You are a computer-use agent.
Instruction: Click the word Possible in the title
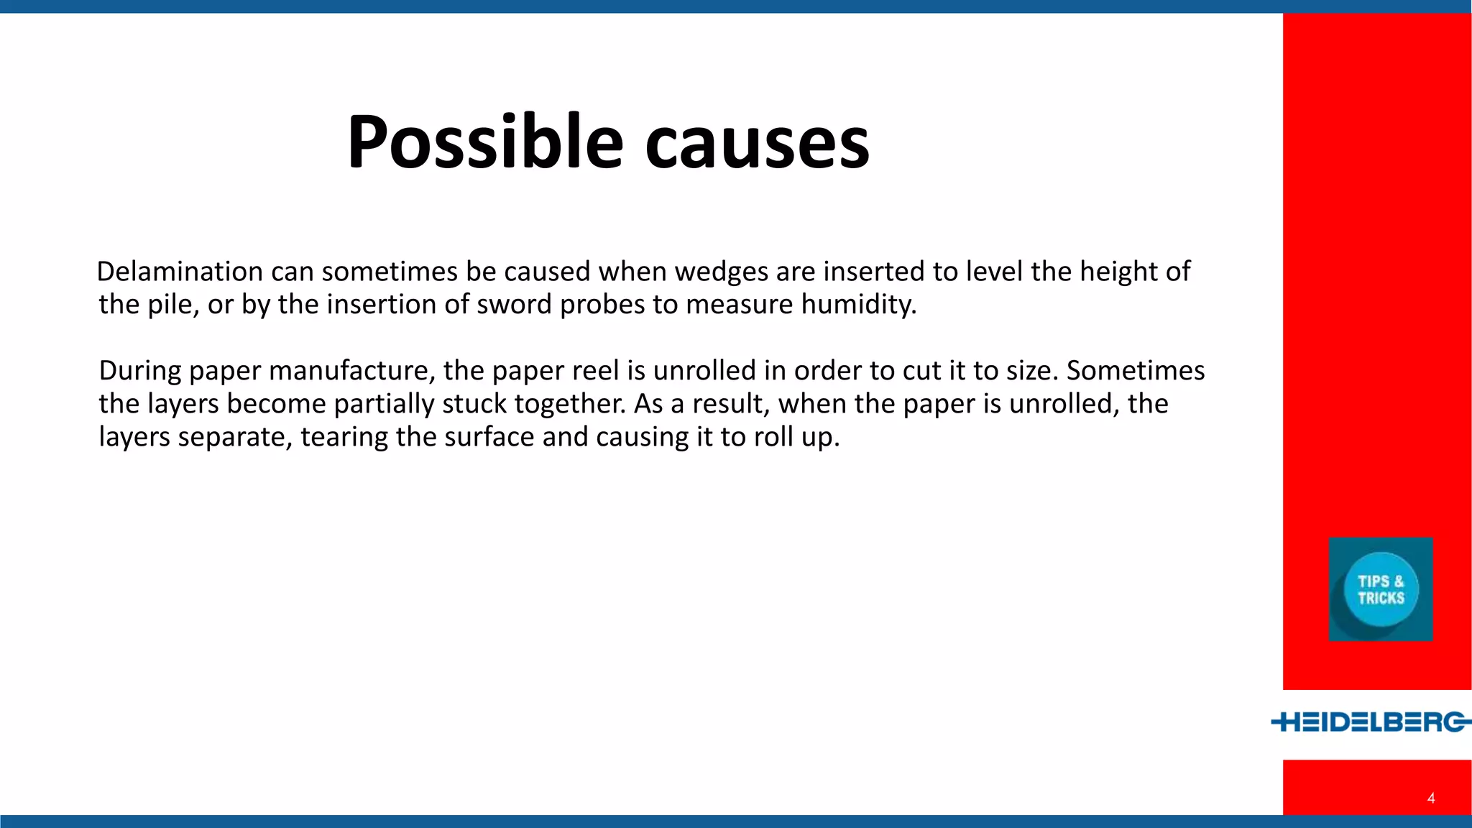[x=484, y=142]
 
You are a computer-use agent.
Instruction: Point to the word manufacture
[x=352, y=371]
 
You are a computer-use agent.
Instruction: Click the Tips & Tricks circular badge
[x=1381, y=589]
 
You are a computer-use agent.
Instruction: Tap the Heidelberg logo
[x=1371, y=722]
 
